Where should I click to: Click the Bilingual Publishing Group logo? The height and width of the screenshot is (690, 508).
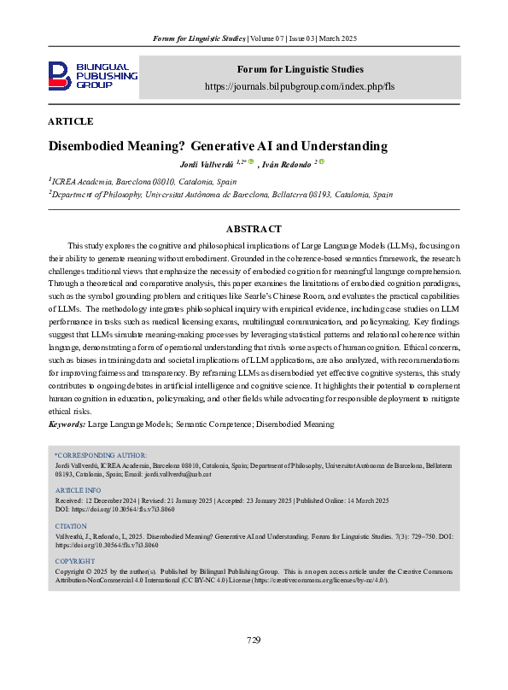coord(93,76)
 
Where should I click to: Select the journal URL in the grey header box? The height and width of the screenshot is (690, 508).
coord(300,87)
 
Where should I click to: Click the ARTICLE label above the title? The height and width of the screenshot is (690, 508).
coord(71,122)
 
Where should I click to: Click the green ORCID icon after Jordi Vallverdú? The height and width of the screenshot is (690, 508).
coord(240,161)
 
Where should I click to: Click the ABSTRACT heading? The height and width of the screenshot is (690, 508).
coord(254,229)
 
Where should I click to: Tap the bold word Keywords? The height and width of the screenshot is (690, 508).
coord(67,424)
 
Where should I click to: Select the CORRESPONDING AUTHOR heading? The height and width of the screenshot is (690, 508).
coord(101,455)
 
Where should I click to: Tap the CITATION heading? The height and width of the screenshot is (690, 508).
coord(71,526)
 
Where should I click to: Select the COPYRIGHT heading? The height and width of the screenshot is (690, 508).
coord(75,561)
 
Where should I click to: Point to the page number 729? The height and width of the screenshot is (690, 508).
coord(254,640)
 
